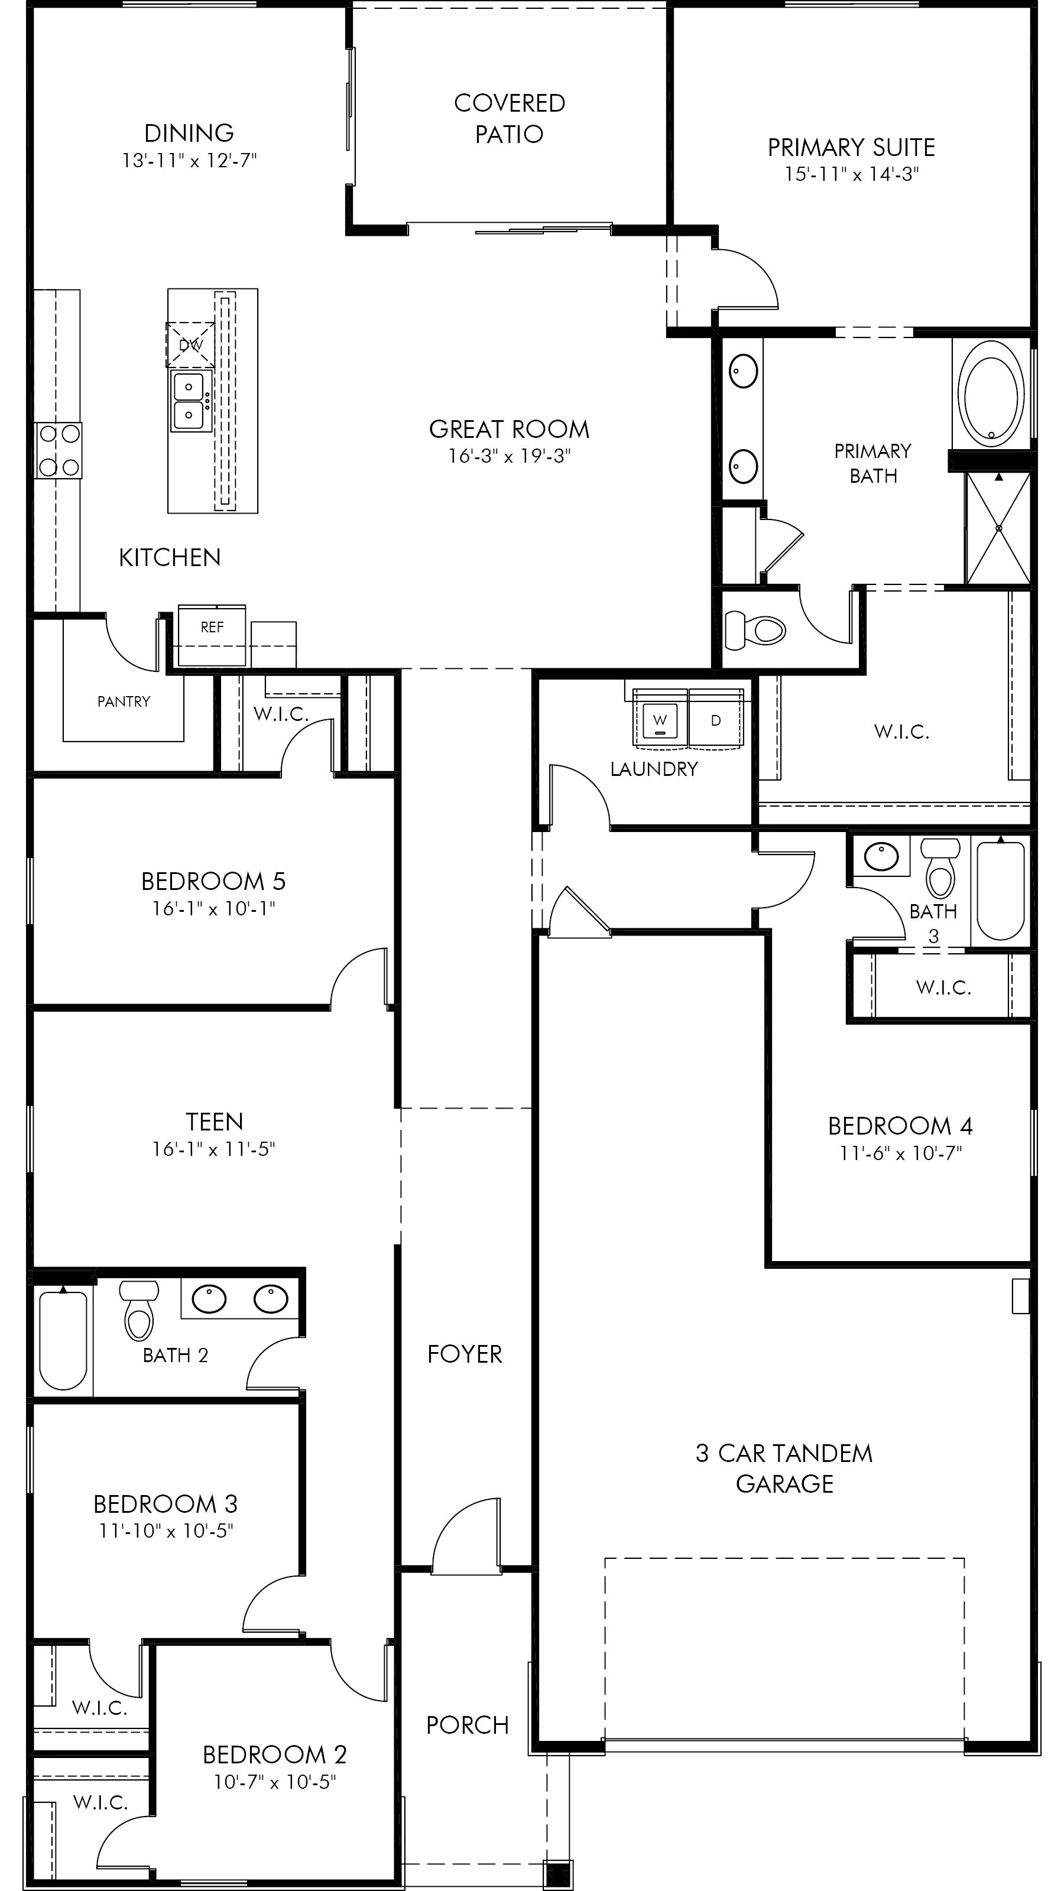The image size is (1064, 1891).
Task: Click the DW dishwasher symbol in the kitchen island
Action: coord(190,345)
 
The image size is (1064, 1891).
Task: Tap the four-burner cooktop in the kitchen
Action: coord(59,450)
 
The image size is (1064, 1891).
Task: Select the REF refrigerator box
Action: coord(212,628)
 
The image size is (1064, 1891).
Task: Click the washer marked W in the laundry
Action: coord(660,721)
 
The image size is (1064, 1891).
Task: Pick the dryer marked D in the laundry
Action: coord(715,721)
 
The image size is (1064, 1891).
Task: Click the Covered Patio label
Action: coord(510,118)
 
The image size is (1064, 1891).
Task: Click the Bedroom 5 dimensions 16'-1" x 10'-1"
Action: coord(213,909)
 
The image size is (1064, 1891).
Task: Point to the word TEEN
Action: coord(213,1122)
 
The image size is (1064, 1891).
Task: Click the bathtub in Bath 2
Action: coord(63,1340)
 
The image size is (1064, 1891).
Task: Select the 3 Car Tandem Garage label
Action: coord(784,1468)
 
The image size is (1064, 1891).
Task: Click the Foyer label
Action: coord(465,1354)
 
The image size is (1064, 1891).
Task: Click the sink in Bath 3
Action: coord(881,857)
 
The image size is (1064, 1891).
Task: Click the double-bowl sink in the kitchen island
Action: coord(189,401)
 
